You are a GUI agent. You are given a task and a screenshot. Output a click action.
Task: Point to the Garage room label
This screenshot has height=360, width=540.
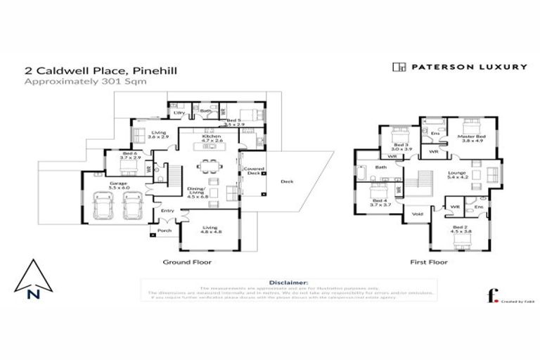point(117,184)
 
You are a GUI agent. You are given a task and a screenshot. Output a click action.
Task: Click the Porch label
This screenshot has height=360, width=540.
point(165,231)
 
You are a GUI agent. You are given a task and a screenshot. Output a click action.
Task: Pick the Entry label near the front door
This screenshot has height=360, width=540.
point(167,210)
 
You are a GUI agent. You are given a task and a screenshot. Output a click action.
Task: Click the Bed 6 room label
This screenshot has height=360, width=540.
point(128,155)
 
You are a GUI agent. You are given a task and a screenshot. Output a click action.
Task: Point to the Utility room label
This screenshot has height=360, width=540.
point(179,112)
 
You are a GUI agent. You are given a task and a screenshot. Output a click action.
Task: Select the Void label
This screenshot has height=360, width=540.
point(417,214)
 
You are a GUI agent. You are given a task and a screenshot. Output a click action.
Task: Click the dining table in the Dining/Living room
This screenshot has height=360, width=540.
point(208,167)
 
